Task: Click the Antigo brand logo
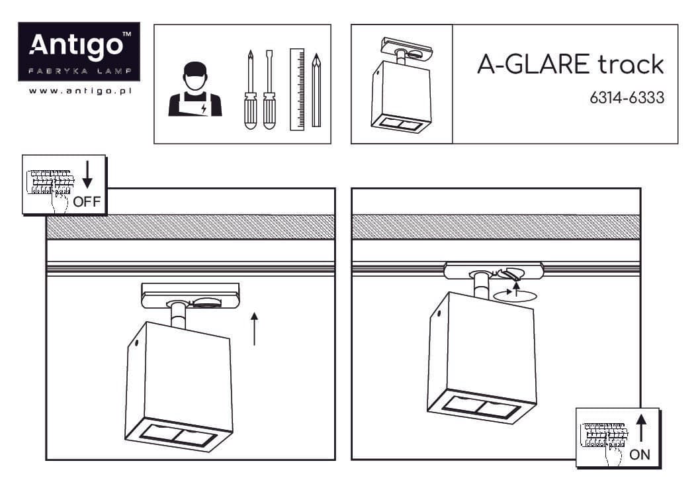click(x=79, y=52)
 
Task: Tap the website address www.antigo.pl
click(x=80, y=91)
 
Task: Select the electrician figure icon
click(x=195, y=89)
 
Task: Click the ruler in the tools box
click(x=297, y=89)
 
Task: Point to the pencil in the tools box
click(x=316, y=90)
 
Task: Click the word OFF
click(x=87, y=202)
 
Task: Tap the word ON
click(x=639, y=455)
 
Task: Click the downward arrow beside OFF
click(x=87, y=174)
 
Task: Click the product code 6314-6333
click(x=627, y=98)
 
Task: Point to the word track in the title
click(x=631, y=64)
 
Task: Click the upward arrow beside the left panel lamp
click(x=255, y=329)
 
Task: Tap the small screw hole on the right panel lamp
click(x=439, y=314)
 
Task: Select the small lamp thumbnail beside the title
click(x=402, y=84)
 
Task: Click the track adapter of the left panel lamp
click(x=191, y=295)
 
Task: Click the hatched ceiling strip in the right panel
click(x=496, y=227)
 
